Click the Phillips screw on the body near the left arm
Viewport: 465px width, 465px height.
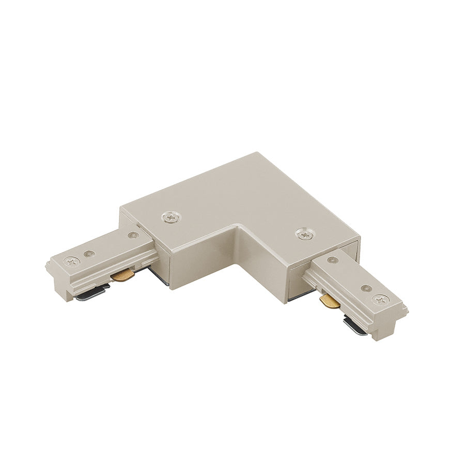coord(169,218)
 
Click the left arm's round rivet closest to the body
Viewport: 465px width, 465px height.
coord(133,236)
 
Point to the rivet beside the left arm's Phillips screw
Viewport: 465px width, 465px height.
coord(89,254)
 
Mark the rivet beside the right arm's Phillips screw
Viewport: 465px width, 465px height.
coord(365,288)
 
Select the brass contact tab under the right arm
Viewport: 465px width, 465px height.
coord(329,300)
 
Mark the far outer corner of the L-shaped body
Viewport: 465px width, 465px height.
coord(257,153)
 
